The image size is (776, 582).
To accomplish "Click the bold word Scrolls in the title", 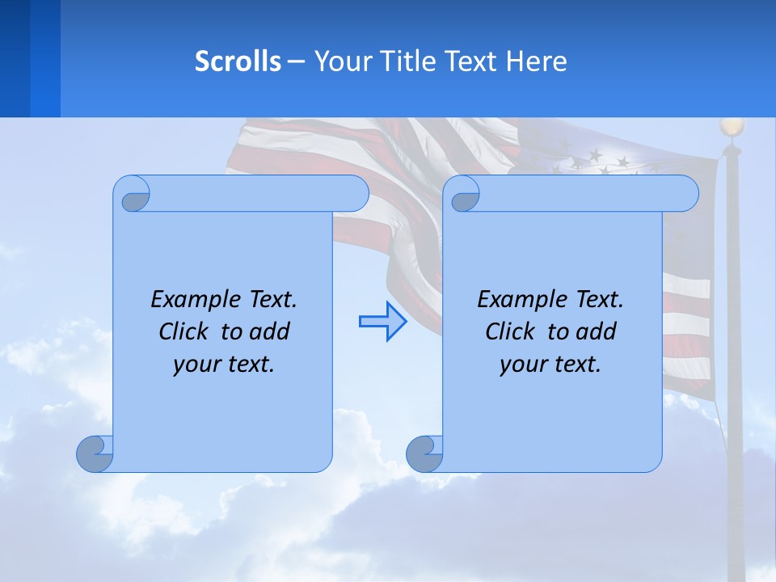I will [238, 61].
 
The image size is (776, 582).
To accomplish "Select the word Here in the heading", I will [537, 61].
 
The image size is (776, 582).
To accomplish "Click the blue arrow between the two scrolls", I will [382, 322].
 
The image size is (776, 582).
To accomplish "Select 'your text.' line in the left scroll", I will [224, 365].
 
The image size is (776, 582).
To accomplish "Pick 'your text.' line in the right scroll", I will [550, 365].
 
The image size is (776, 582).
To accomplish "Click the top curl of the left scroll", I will [134, 195].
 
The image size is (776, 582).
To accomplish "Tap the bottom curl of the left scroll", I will [95, 454].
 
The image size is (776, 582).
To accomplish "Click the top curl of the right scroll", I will [464, 195].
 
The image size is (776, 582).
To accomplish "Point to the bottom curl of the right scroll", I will [424, 454].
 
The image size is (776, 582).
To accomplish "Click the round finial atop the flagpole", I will [732, 127].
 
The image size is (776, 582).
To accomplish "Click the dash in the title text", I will [297, 61].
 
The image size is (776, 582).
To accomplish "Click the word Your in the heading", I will [339, 61].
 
